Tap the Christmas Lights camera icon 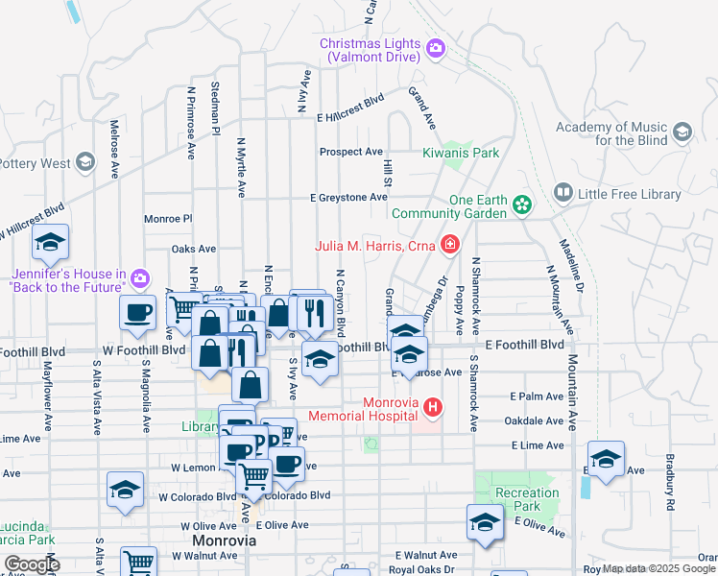point(435,47)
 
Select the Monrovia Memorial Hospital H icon point(433,409)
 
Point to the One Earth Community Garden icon point(521,204)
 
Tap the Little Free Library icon point(562,195)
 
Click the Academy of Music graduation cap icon point(682,132)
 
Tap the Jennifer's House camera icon point(140,278)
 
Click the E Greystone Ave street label point(347,198)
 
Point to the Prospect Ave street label point(350,152)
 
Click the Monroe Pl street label point(168,219)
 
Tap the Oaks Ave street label point(193,249)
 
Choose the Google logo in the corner point(32,564)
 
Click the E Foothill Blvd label point(524,344)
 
